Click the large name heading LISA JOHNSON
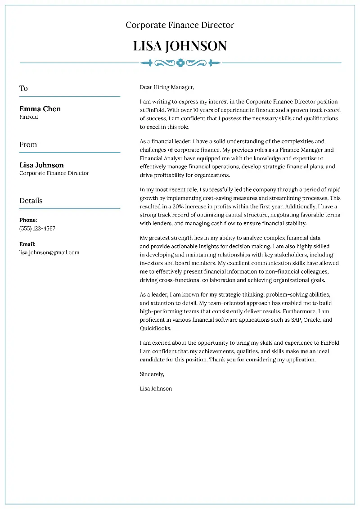coord(180,46)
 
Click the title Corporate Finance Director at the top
coord(180,25)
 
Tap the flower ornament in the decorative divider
coord(180,63)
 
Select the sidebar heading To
coord(23,89)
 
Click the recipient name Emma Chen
coord(40,109)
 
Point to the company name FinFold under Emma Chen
coord(29,117)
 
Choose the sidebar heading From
coord(28,145)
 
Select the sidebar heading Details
coord(31,201)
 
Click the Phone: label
coord(28,221)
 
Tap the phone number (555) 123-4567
coord(37,229)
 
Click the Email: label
coord(27,244)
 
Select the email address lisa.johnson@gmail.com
coord(49,252)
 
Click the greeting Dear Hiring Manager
coord(167,87)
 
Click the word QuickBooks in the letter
coord(155,329)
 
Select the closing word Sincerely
coord(152,374)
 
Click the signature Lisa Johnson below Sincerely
coord(156,388)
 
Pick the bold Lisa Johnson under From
coord(41,165)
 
